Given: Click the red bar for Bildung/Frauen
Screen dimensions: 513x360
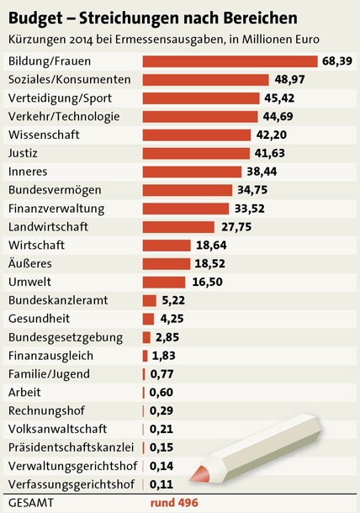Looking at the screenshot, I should pyautogui.click(x=230, y=61).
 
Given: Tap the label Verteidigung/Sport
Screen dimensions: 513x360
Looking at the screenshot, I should pyautogui.click(x=64, y=98).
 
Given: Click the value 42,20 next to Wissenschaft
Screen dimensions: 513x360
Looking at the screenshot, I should pyautogui.click(x=271, y=135).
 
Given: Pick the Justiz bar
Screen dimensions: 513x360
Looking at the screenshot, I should pyautogui.click(x=196, y=153).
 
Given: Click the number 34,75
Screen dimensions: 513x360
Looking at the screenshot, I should pyautogui.click(x=254, y=189).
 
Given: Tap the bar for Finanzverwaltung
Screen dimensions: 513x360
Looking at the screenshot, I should pyautogui.click(x=185, y=208).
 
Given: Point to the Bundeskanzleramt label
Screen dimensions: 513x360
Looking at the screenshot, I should pyautogui.click(x=56, y=300).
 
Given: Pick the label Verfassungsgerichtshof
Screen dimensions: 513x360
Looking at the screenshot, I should pyautogui.click(x=71, y=484).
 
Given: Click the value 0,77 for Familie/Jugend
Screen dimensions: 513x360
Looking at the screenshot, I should pyautogui.click(x=162, y=373).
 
